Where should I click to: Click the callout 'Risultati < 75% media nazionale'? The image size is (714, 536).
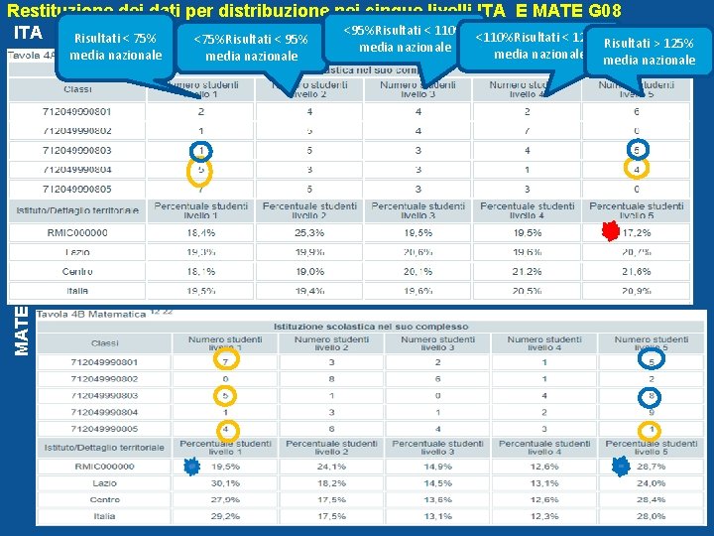pyautogui.click(x=115, y=47)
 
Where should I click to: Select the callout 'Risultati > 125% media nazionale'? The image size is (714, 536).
pyautogui.click(x=650, y=52)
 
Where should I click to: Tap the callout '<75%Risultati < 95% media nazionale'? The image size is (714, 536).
pyautogui.click(x=251, y=48)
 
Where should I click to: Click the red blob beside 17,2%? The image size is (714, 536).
pyautogui.click(x=610, y=232)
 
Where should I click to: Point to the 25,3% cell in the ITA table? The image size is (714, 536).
pyautogui.click(x=309, y=233)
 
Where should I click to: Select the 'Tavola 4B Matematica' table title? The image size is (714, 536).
pyautogui.click(x=90, y=314)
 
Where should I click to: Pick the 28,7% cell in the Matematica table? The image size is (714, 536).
pyautogui.click(x=651, y=466)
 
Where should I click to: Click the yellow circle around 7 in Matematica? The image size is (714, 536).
pyautogui.click(x=199, y=361)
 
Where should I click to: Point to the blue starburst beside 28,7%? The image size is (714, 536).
pyautogui.click(x=621, y=465)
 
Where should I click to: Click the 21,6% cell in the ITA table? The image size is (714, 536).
pyautogui.click(x=636, y=271)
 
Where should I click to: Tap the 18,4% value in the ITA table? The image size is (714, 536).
pyautogui.click(x=200, y=233)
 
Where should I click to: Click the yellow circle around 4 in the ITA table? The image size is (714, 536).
pyautogui.click(x=636, y=170)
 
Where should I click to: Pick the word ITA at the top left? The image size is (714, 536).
pyautogui.click(x=28, y=33)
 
